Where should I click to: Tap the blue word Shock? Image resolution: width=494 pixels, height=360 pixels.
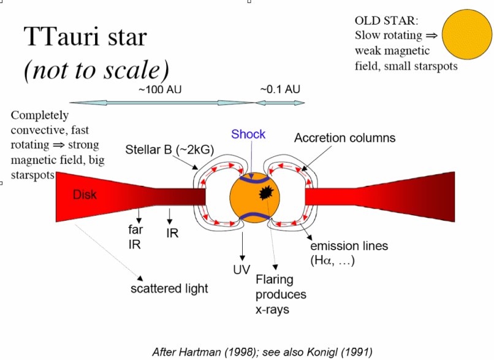point(248,134)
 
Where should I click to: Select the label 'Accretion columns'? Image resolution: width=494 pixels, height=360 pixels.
point(344,138)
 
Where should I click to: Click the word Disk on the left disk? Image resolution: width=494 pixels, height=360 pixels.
point(85,195)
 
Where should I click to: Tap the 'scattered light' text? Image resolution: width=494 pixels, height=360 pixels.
point(169,288)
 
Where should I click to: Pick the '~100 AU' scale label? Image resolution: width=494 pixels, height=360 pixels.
point(161,90)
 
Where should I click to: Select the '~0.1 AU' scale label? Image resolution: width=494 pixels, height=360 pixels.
point(280,90)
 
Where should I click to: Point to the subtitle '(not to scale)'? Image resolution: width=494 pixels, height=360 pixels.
point(96,70)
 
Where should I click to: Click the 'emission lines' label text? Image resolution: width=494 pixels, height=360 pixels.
point(349,246)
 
